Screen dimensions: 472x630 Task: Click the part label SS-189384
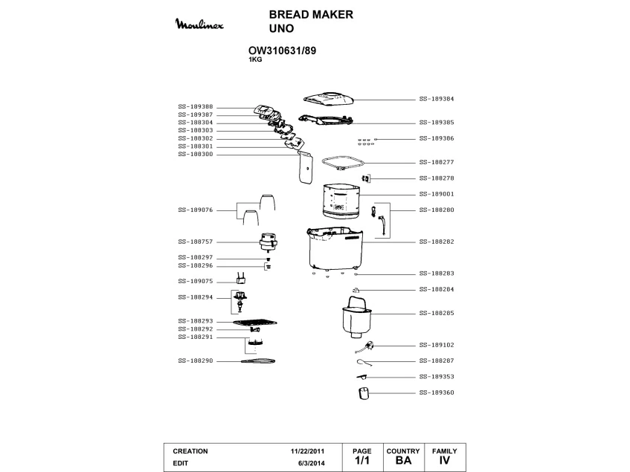[437, 98]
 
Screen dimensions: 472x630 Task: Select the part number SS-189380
[196, 107]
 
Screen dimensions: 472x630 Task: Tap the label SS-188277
[437, 162]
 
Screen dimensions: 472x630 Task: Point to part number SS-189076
[196, 210]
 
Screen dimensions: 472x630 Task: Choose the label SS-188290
[196, 361]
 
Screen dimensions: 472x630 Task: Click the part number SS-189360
[437, 392]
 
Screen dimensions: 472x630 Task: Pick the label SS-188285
[437, 313]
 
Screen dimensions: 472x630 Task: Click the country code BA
[404, 461]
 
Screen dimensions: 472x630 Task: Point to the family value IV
[445, 461]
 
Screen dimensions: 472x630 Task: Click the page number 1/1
[361, 461]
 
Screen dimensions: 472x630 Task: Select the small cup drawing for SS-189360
[364, 392]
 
